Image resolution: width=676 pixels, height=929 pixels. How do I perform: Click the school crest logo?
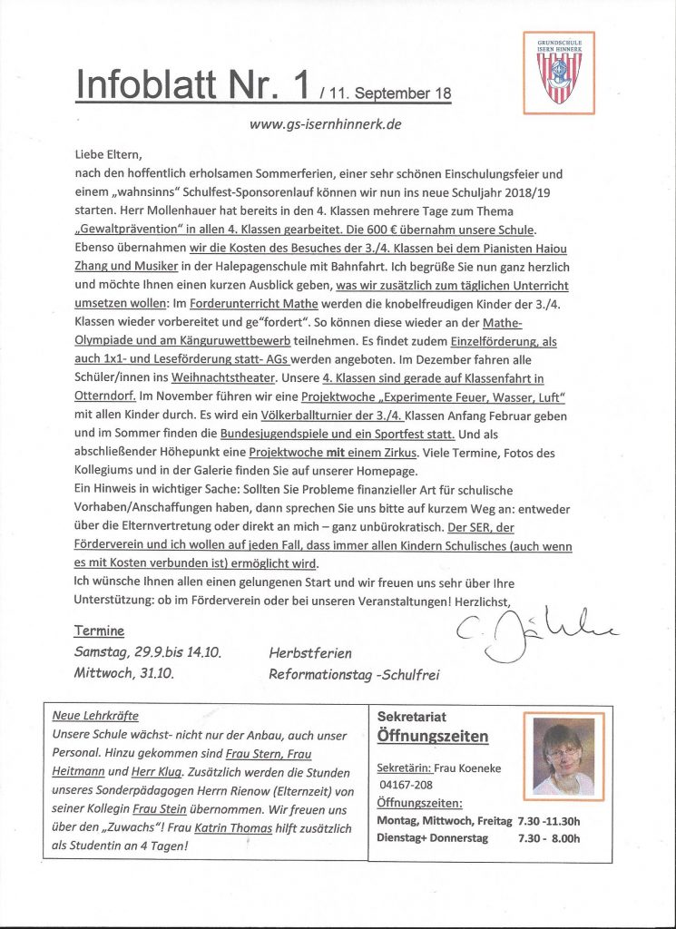point(559,73)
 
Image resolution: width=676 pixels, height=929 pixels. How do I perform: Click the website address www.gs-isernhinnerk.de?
point(325,124)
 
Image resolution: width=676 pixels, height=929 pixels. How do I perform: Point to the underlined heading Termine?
point(99,631)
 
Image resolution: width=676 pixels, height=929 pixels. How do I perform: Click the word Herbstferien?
point(309,652)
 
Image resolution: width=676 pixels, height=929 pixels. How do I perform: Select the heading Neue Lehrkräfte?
point(95,716)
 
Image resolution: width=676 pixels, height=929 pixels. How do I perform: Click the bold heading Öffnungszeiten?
point(432,736)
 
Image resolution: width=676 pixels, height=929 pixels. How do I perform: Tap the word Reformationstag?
point(318,674)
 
